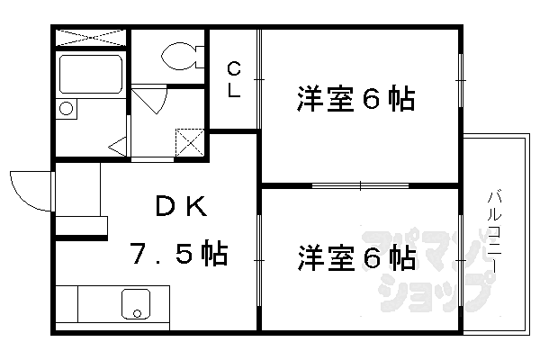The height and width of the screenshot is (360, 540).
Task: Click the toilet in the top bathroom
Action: point(179,56)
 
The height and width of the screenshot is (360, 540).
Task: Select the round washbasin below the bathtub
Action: point(67,109)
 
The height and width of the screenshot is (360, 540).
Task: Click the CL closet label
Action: point(233,80)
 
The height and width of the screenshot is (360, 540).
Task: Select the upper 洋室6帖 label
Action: point(355,98)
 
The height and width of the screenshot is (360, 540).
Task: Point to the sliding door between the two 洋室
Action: point(360,186)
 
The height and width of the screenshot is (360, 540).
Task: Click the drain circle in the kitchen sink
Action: point(138,314)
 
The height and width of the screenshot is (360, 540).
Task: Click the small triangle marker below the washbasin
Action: point(116,144)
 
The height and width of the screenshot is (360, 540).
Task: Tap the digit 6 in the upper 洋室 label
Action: point(372,98)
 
